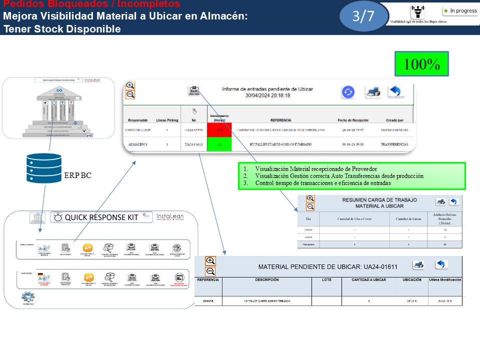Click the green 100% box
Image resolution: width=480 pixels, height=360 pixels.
(x=421, y=63)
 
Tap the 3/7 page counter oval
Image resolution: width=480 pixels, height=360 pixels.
(x=363, y=16)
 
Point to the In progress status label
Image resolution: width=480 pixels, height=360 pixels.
(x=463, y=10)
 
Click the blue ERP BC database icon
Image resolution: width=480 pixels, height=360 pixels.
(x=43, y=168)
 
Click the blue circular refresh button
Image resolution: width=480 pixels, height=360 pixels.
(x=348, y=92)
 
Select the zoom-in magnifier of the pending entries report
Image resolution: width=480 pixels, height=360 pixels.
(x=130, y=85)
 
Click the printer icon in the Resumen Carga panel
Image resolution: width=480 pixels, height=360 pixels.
(x=440, y=201)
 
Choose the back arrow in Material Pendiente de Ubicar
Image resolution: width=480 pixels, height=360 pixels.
(x=440, y=264)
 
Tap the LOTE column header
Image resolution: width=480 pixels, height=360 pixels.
(x=326, y=280)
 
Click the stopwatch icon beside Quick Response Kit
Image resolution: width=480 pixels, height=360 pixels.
(x=58, y=217)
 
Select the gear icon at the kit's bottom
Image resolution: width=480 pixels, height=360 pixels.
(x=28, y=297)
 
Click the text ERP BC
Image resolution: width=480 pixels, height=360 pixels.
(x=78, y=176)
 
